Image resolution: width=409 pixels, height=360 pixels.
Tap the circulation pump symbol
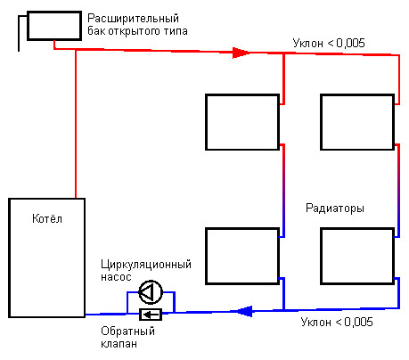151,292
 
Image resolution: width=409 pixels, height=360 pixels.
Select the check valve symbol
151,315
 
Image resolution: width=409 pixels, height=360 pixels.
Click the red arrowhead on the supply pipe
241,53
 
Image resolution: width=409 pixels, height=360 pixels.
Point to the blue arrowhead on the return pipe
244,311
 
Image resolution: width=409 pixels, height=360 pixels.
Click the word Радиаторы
335,209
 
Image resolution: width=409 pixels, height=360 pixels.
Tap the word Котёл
47,218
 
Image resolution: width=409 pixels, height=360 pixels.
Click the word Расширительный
133,19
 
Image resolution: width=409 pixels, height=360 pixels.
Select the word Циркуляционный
146,265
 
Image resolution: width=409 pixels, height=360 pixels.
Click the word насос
116,277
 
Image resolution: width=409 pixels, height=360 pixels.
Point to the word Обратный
127,331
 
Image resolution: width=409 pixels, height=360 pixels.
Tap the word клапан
119,344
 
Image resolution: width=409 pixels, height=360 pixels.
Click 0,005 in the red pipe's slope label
350,44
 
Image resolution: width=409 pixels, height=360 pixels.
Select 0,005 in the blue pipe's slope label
358,322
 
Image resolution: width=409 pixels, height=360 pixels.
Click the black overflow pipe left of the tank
19,33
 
